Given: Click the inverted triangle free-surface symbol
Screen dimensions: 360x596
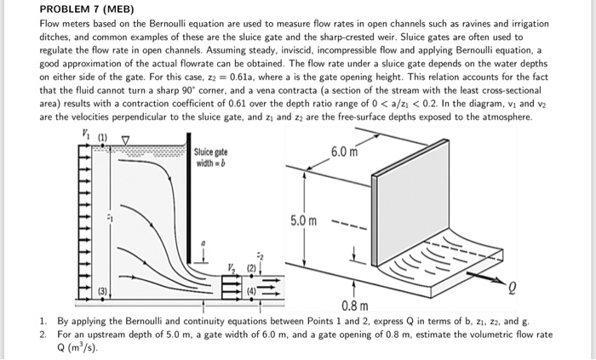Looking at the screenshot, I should click(x=126, y=138).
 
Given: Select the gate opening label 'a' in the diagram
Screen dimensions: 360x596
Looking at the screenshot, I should click(x=202, y=244).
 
